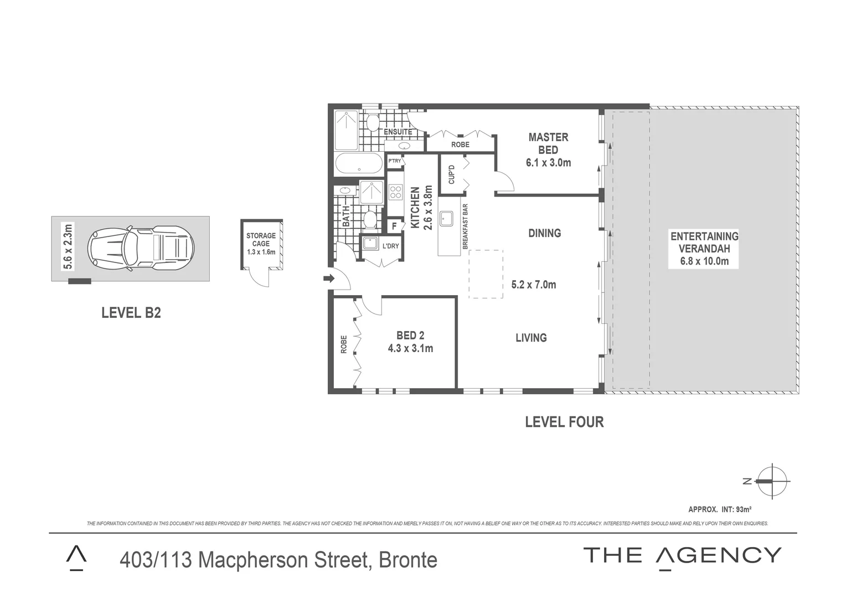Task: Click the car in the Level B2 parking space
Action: click(x=141, y=248)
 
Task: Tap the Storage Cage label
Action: click(x=261, y=240)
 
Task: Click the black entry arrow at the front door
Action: click(x=329, y=279)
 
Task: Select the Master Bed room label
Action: click(x=548, y=143)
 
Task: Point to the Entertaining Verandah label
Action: click(x=704, y=243)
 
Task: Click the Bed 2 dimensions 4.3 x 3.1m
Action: click(x=410, y=348)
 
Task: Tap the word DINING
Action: click(x=544, y=233)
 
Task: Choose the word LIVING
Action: click(x=531, y=338)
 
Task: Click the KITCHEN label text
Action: click(x=415, y=208)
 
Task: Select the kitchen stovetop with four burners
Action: click(x=395, y=192)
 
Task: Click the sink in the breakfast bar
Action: click(x=446, y=219)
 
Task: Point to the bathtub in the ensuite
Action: click(x=359, y=164)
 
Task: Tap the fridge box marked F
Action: click(x=394, y=226)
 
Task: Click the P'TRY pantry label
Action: click(x=394, y=161)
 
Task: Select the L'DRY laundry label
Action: click(x=390, y=246)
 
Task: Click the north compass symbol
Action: click(x=772, y=481)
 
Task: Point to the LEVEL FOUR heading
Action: click(x=564, y=422)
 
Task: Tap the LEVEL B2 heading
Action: click(x=131, y=313)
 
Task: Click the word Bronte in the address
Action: click(x=408, y=560)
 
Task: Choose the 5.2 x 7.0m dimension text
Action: click(x=533, y=285)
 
